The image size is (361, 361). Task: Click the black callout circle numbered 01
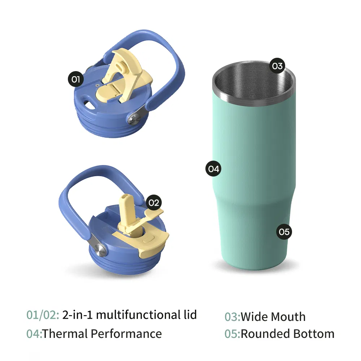75,79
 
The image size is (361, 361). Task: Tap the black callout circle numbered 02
153,203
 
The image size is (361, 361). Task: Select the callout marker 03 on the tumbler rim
277,66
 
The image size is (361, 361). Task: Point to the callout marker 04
213,169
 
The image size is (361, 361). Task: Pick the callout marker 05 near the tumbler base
284,231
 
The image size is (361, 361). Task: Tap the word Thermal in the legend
65,334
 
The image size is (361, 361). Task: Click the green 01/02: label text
43,315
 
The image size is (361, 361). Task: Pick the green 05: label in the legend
232,334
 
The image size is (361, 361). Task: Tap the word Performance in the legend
126,334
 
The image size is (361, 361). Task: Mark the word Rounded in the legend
263,334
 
